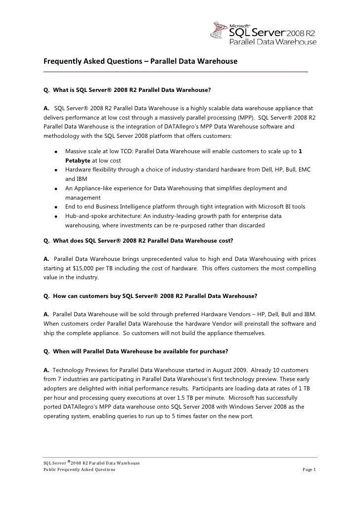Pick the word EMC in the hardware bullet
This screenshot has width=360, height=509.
click(302, 170)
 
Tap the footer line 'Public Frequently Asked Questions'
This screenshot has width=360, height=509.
click(79, 469)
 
